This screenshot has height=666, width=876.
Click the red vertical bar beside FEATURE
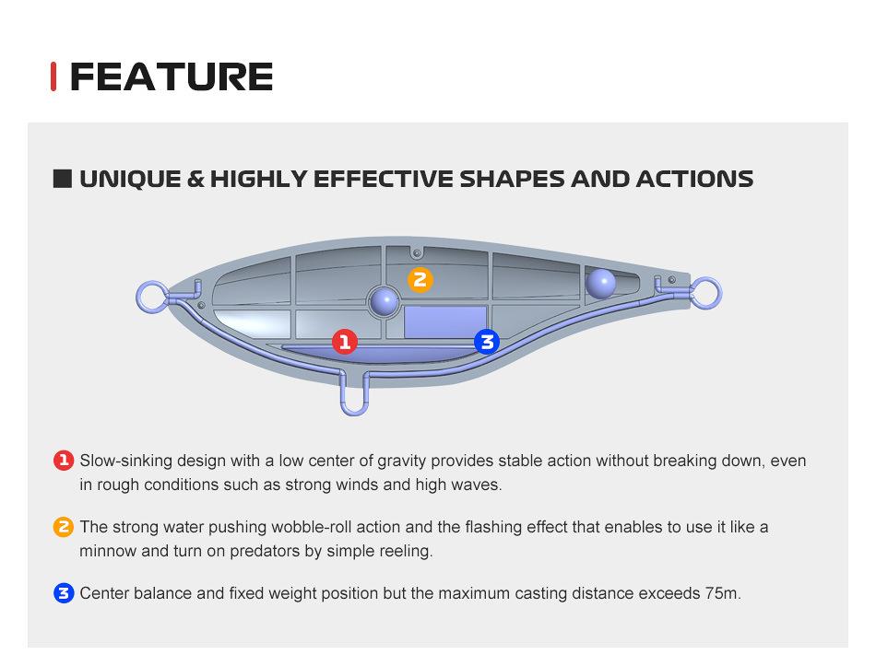pos(53,76)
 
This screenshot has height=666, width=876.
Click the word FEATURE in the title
pos(172,76)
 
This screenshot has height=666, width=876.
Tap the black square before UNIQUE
pos(63,179)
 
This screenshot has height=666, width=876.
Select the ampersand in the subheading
pos(195,179)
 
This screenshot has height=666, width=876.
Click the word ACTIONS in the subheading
pos(694,179)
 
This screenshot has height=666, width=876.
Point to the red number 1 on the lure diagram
pos(345,341)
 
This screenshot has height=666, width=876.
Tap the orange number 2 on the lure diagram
pos(420,279)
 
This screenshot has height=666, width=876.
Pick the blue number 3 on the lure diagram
pos(487,341)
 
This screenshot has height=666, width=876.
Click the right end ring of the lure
pos(719,293)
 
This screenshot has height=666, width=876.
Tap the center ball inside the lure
pos(385,301)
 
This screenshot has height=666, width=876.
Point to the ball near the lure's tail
pos(600,283)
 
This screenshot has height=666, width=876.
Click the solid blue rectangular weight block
pos(445,321)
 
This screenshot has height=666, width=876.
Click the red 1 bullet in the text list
pos(64,461)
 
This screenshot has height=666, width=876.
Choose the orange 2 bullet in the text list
pos(64,527)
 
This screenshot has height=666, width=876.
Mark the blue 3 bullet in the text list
pos(64,593)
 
